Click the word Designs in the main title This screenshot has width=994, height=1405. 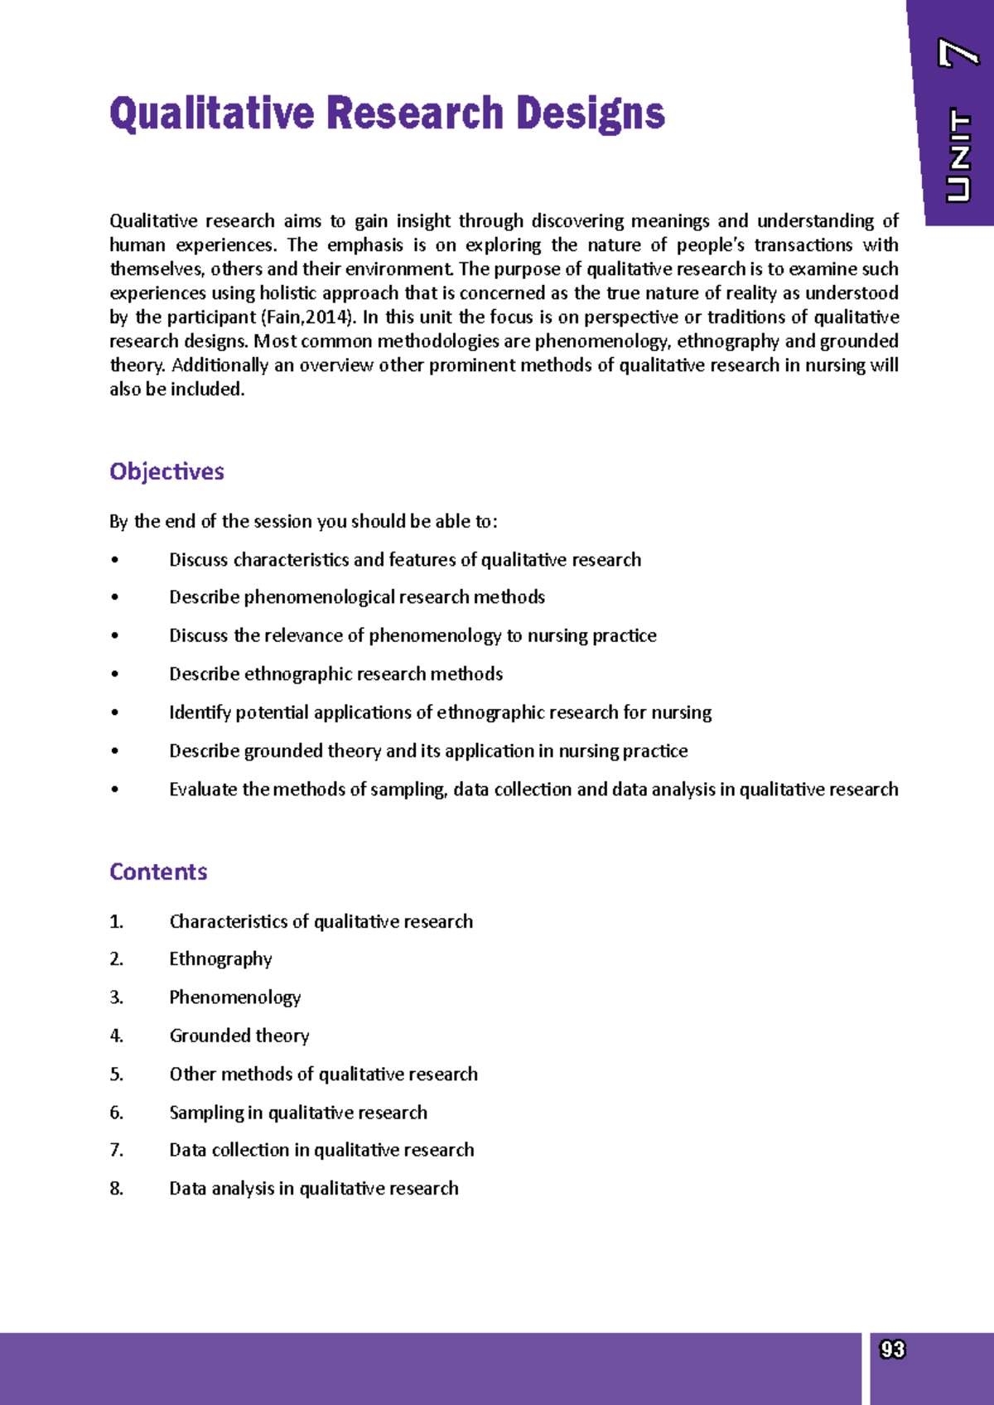(590, 114)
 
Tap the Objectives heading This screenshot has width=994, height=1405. (166, 471)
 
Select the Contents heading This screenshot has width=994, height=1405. (158, 871)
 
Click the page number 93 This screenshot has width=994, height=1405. (892, 1350)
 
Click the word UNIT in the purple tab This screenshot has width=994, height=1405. (958, 156)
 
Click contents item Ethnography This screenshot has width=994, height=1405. (220, 959)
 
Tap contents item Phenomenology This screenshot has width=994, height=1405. (234, 997)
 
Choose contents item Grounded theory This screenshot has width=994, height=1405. (239, 1036)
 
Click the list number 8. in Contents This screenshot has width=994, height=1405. (117, 1189)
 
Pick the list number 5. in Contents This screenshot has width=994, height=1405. (117, 1074)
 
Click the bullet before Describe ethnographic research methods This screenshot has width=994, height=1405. (115, 674)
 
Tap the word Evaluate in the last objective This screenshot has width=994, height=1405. (203, 789)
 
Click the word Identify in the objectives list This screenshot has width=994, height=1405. (200, 712)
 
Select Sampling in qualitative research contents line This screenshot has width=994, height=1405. (298, 1113)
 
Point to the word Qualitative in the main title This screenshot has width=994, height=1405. (212, 114)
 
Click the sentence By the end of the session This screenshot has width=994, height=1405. (303, 522)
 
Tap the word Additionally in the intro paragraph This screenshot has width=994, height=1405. (220, 365)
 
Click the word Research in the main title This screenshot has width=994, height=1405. (414, 114)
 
